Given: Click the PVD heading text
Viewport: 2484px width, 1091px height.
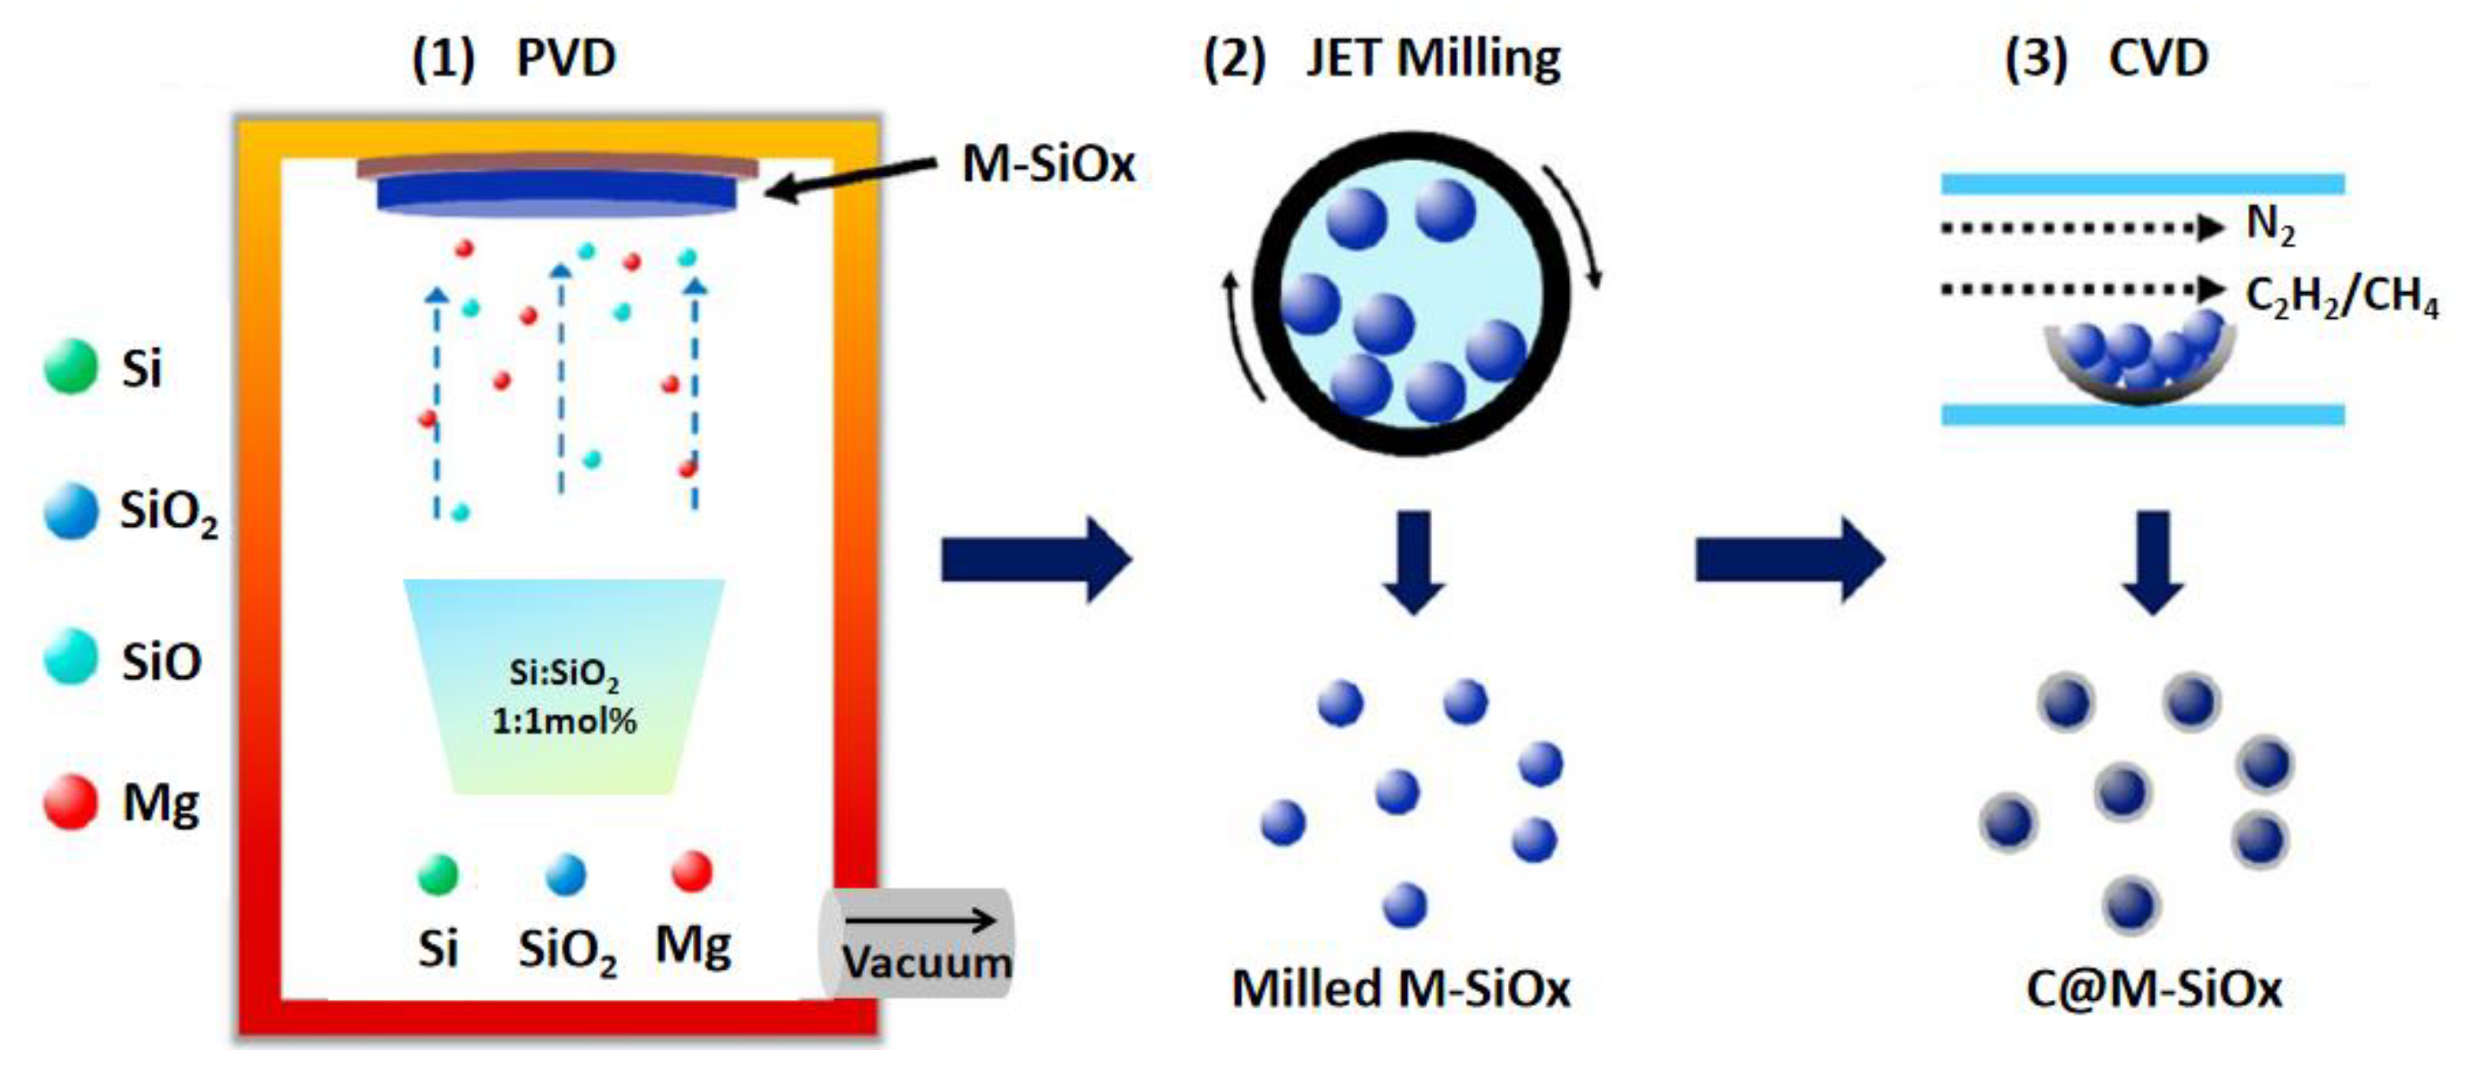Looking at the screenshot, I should coord(565,58).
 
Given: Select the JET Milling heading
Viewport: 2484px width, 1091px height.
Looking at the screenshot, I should coord(1433,58).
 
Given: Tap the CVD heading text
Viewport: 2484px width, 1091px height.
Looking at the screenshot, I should coord(2158,58).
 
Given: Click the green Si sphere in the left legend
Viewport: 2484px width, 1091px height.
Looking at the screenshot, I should coord(71,367).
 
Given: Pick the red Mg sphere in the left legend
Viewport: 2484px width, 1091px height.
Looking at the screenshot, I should coord(71,802).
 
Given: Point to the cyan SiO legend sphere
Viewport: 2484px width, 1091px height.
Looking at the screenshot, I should coord(71,657).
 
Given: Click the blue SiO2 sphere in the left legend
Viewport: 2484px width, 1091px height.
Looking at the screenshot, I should coord(71,511).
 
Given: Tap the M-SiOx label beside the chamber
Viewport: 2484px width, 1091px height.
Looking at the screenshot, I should coord(1048,164).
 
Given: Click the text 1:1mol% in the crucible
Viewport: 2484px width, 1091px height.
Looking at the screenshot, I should coord(564,720).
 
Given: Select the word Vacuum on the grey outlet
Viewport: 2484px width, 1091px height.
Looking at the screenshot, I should coord(927,962).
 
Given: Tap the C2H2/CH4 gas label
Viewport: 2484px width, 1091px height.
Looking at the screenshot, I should coord(2341,295).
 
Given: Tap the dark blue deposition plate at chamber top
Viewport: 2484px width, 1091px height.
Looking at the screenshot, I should coord(556,193).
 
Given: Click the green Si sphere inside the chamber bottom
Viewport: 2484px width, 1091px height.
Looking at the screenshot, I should coord(438,875).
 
